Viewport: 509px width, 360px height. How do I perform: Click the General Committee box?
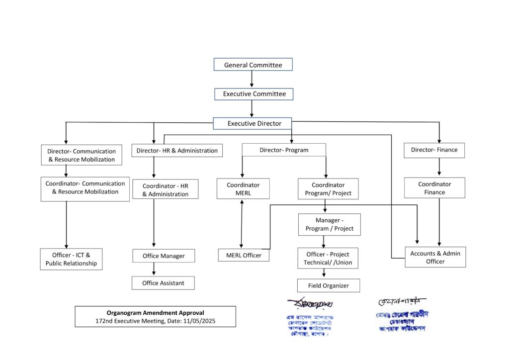pyautogui.click(x=253, y=65)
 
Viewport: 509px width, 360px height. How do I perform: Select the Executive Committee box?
pyautogui.click(x=254, y=93)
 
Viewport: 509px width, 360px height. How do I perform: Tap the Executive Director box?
pyautogui.click(x=253, y=123)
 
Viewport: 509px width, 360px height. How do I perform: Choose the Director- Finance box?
pyautogui.click(x=434, y=150)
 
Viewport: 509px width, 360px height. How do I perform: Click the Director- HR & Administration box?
pyautogui.click(x=177, y=150)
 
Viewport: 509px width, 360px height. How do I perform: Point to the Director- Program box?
pyautogui.click(x=284, y=150)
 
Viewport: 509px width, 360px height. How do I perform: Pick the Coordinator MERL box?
pyautogui.click(x=243, y=188)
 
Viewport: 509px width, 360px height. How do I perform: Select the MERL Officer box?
pyautogui.click(x=244, y=255)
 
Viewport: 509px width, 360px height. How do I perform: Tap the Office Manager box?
pyautogui.click(x=164, y=256)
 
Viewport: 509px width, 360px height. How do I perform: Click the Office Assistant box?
pyautogui.click(x=163, y=283)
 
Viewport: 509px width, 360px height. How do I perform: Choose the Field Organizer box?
pyautogui.click(x=328, y=285)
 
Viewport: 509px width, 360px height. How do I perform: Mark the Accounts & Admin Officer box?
pyautogui.click(x=435, y=257)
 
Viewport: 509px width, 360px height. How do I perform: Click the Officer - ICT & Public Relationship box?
pyautogui.click(x=71, y=259)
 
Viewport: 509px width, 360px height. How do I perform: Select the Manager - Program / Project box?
pyautogui.click(x=329, y=224)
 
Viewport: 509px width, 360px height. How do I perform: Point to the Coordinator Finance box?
pyautogui.click(x=435, y=188)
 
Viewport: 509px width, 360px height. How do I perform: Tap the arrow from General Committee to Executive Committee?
pyautogui.click(x=252, y=79)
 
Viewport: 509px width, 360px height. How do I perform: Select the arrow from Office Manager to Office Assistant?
pyautogui.click(x=154, y=269)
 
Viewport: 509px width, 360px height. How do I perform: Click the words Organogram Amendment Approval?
pyautogui.click(x=155, y=313)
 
